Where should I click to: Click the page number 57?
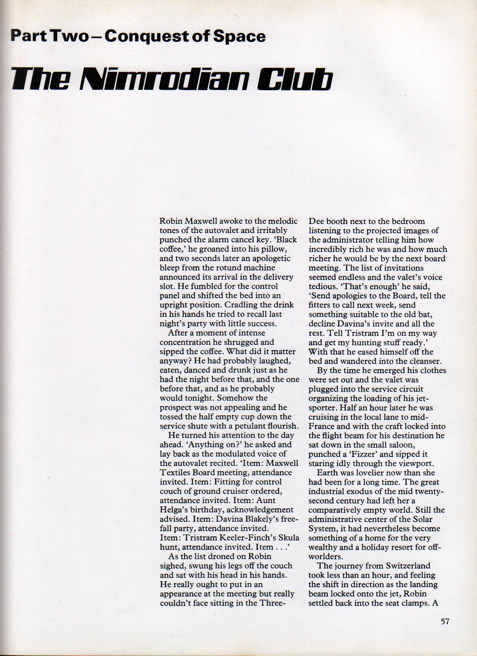point(444,622)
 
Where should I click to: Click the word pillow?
point(273,249)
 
